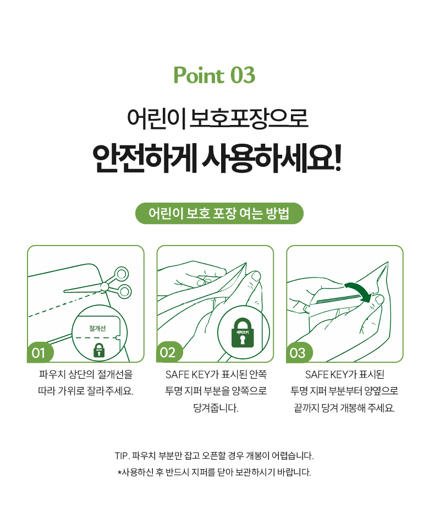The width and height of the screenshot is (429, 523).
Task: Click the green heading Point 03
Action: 215,75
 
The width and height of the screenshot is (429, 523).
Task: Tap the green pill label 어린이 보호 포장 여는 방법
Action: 219,214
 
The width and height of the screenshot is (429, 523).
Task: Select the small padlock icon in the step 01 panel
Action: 98,350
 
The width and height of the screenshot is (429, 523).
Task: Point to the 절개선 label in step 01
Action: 97,329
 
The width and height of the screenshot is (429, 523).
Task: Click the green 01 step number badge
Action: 40,352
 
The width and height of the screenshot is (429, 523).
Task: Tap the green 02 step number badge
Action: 169,352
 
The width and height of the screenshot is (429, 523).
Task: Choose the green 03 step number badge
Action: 299,352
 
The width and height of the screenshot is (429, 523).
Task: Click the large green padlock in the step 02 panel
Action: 243,333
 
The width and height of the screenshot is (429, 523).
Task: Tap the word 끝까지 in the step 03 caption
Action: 306,407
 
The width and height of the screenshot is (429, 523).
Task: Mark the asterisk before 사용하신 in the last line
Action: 119,472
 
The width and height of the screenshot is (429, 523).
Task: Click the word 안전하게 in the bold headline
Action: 145,158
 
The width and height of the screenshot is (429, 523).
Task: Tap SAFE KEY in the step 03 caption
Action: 327,374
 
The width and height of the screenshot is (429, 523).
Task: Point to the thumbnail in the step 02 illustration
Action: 256,276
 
